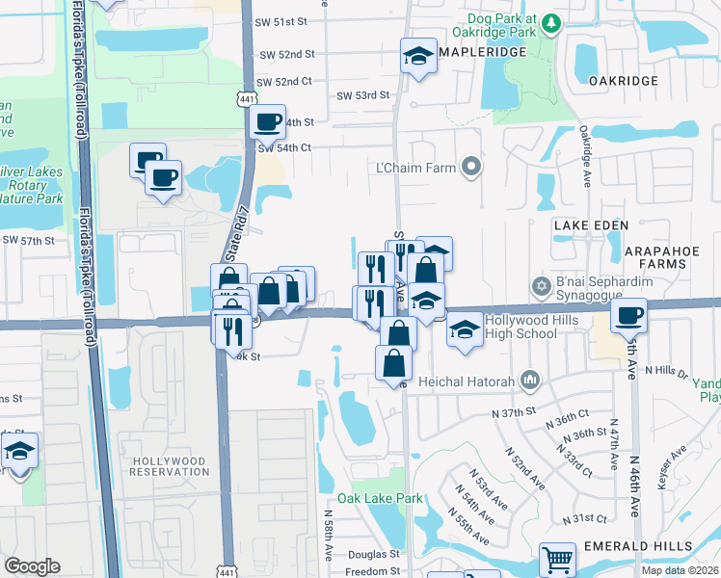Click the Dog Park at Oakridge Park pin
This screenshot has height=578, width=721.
[x=549, y=22]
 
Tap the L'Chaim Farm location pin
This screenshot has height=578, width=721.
[x=471, y=168]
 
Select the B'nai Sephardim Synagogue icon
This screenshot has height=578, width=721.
[x=542, y=286]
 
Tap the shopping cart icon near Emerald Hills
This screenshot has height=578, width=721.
[x=556, y=558]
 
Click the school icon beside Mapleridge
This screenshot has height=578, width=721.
[x=419, y=55]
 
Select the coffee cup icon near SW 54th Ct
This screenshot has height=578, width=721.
[x=267, y=122]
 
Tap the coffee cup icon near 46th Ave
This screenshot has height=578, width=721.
[x=628, y=315]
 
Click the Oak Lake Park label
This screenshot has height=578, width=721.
[x=380, y=499]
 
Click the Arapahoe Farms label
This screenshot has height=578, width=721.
[x=676, y=250]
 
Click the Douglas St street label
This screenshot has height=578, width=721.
[x=373, y=555]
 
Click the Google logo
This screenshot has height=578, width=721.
[x=32, y=566]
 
